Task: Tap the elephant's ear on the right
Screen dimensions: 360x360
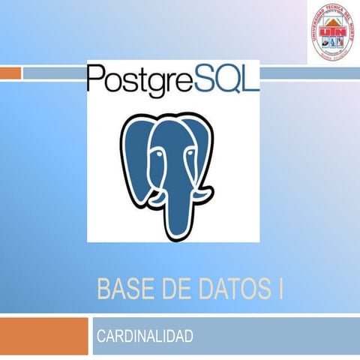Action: pos(218,150)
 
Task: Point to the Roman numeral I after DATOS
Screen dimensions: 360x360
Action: pos(280,289)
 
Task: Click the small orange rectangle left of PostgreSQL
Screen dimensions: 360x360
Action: pos(10,73)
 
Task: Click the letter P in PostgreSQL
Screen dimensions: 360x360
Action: pos(95,77)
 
